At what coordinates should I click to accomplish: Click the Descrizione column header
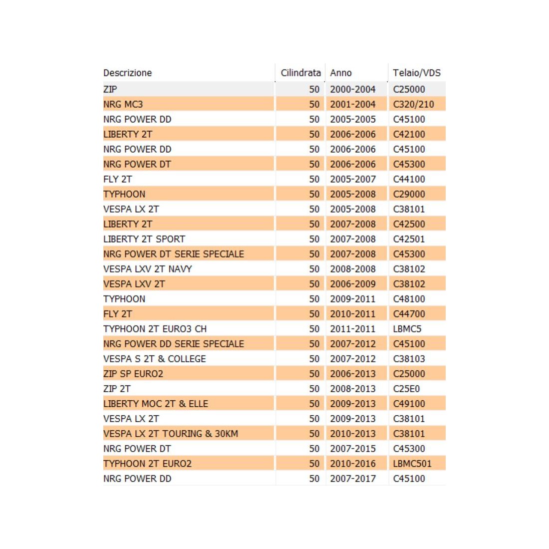click(x=127, y=73)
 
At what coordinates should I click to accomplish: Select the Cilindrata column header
click(x=300, y=73)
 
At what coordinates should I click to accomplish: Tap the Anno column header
click(x=341, y=73)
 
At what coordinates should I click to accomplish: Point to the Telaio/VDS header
click(x=417, y=73)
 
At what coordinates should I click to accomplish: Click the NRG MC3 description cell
click(x=123, y=104)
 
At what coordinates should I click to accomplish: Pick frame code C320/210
click(x=413, y=104)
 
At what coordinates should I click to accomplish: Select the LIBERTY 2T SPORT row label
click(x=144, y=239)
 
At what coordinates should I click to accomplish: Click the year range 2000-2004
click(x=353, y=89)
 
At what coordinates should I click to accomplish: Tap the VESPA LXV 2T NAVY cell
click(x=147, y=269)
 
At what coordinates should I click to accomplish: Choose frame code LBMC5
click(x=407, y=329)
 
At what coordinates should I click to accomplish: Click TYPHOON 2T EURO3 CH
click(x=155, y=329)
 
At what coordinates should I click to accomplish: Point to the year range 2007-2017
click(x=353, y=479)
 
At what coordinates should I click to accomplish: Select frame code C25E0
click(x=406, y=389)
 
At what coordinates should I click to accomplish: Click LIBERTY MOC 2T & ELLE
click(x=156, y=404)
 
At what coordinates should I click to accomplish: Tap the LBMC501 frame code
click(x=412, y=464)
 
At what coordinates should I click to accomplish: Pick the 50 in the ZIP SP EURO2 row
click(x=314, y=374)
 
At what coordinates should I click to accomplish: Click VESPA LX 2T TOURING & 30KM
click(x=171, y=434)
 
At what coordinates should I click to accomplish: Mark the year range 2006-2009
click(x=353, y=284)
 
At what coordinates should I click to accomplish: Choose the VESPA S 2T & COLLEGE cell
click(x=154, y=359)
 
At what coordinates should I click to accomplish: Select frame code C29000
click(x=409, y=194)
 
